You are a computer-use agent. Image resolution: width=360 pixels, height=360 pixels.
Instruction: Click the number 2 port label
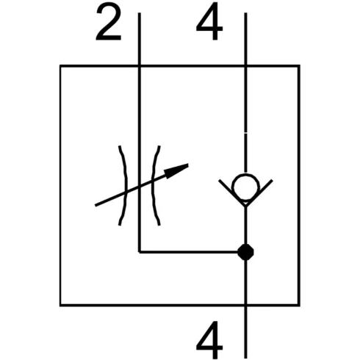(x=109, y=23)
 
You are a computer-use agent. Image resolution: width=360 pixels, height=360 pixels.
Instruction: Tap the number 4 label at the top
(x=209, y=21)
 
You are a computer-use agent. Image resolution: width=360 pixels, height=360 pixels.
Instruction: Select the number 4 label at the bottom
(x=209, y=339)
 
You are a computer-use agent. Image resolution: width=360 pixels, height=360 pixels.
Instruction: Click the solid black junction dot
(x=245, y=252)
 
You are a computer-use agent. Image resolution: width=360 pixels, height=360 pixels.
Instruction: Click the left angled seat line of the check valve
(x=232, y=192)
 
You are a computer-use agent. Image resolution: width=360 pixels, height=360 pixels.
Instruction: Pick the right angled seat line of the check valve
(x=259, y=192)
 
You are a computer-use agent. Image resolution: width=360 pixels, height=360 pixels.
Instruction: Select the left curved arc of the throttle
(x=126, y=185)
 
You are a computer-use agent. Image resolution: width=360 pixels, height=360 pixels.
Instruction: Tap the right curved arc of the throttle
(x=153, y=185)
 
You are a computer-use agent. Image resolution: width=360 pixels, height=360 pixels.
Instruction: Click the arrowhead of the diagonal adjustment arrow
(x=177, y=170)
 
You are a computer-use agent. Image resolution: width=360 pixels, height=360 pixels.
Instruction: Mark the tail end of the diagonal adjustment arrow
(x=96, y=205)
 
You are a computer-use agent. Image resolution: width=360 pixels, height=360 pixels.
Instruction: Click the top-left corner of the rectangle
(x=60, y=66)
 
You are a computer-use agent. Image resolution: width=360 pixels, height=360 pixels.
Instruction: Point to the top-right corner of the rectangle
(x=299, y=66)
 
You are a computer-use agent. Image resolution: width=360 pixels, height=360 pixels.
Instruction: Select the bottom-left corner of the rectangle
(x=60, y=306)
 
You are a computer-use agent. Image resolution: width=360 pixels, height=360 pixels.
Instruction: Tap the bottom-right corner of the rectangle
(x=299, y=306)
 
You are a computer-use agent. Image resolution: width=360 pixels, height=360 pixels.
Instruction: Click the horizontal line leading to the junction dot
(x=189, y=252)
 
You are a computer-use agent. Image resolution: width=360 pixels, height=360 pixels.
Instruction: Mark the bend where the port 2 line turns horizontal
(x=140, y=252)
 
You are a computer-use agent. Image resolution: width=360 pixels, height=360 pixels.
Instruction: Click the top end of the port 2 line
(x=140, y=13)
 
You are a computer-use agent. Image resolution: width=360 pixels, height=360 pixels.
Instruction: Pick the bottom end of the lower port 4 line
(x=245, y=358)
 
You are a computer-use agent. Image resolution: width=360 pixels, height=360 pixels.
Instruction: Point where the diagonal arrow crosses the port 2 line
(x=140, y=186)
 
